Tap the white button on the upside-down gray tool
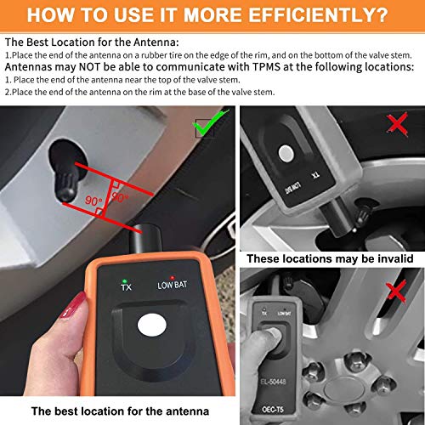coord(284,152)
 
